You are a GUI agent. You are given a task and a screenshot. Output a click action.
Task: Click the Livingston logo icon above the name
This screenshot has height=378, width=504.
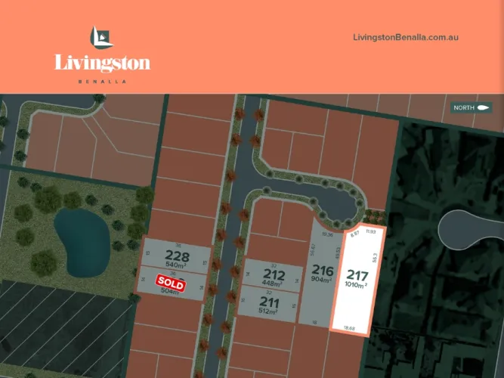(x=101, y=38)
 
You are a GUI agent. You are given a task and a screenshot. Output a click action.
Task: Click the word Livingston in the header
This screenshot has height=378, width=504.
(x=102, y=63)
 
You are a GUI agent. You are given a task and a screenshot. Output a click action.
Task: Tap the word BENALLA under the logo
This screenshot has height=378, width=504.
(x=102, y=81)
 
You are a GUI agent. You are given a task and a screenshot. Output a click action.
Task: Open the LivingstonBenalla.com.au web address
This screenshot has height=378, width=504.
(x=407, y=37)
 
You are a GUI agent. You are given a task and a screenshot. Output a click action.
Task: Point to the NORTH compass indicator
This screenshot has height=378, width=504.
(x=472, y=108)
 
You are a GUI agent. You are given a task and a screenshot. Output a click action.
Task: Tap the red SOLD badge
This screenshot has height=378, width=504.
(x=170, y=281)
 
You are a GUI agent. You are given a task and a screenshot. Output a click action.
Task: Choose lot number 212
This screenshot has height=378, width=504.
(x=274, y=274)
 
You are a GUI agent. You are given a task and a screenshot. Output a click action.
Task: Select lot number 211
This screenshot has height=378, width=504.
(x=269, y=302)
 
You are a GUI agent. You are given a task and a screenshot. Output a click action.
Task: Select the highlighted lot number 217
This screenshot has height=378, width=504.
(x=357, y=276)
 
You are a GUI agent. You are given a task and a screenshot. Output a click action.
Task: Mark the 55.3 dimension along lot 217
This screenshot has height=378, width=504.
(x=375, y=259)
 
